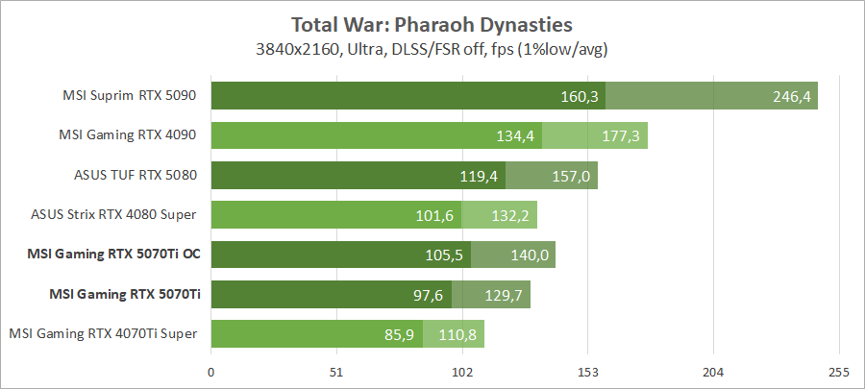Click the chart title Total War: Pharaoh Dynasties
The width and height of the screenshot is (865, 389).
click(x=432, y=23)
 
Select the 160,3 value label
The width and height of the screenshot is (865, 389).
click(x=581, y=96)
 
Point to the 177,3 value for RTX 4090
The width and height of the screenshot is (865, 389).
click(x=623, y=135)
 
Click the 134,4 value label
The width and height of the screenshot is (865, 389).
click(x=516, y=135)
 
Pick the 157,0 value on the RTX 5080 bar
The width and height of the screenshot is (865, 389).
click(x=572, y=176)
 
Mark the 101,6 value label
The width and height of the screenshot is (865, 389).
click(x=436, y=215)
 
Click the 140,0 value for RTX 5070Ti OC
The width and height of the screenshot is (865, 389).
click(x=530, y=255)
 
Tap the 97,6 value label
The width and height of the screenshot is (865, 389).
click(x=428, y=295)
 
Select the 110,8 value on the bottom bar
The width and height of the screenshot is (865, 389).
click(x=458, y=334)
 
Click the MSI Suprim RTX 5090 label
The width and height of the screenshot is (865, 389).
click(x=130, y=95)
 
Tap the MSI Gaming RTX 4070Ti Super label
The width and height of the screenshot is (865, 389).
click(x=103, y=333)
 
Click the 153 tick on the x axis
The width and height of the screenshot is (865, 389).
click(x=588, y=372)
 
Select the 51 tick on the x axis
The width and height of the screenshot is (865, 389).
click(x=336, y=372)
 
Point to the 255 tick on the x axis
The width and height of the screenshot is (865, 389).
click(x=839, y=372)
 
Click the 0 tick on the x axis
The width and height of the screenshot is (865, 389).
click(x=210, y=372)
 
